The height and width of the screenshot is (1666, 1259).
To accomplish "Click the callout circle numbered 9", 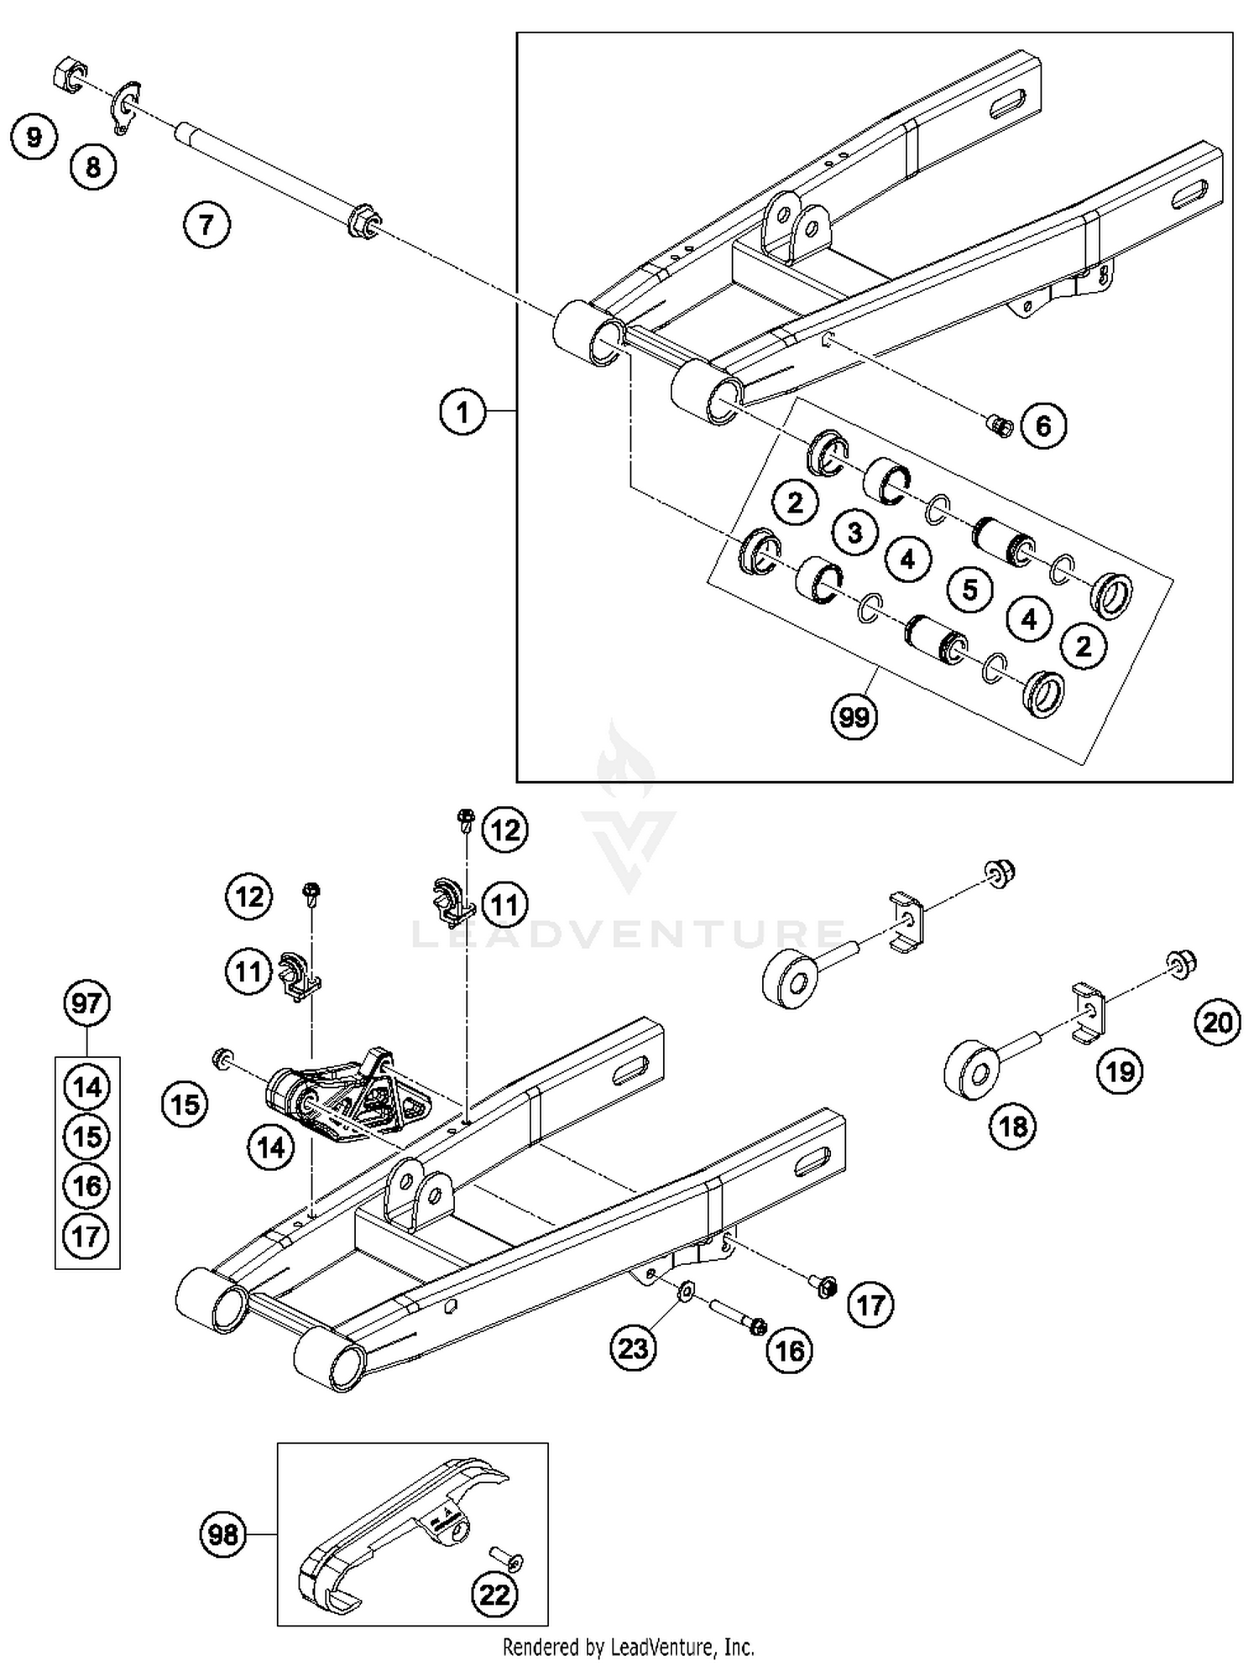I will click(34, 137).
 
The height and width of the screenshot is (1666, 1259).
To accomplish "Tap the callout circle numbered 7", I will click(206, 224).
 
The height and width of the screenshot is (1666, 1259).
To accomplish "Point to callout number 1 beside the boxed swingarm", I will click(462, 411).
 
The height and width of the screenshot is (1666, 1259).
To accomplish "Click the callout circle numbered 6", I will click(1042, 425).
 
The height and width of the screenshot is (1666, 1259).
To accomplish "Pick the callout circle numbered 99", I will click(854, 717).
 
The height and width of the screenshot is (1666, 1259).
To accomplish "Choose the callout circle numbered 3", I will click(854, 532).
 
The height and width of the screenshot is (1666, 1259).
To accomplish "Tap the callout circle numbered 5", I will click(970, 589).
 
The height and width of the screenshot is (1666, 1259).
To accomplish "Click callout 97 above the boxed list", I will click(86, 1003).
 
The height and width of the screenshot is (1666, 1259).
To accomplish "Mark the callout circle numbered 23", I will click(633, 1348).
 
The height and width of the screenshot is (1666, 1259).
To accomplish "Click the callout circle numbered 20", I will click(1218, 1022).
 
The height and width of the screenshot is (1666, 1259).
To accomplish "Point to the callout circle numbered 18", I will click(1013, 1126).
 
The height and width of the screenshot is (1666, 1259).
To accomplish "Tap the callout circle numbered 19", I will click(1121, 1071).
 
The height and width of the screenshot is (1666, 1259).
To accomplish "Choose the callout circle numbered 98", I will click(223, 1534).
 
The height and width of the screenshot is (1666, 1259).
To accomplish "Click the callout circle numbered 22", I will click(494, 1595).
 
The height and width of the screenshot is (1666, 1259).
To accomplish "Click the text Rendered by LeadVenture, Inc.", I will click(628, 1646).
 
